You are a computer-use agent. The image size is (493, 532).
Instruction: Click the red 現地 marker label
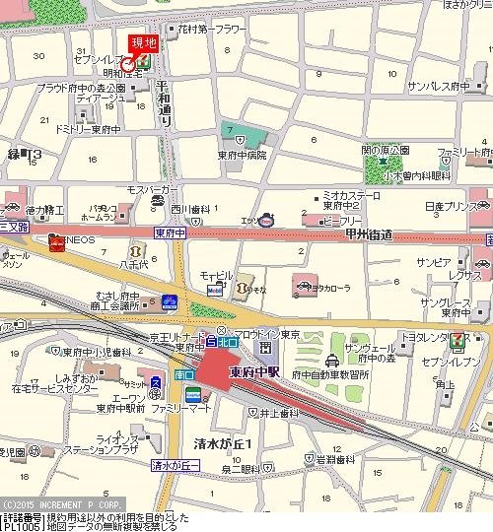point(144,42)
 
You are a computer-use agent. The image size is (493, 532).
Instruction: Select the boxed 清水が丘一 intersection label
point(175,464)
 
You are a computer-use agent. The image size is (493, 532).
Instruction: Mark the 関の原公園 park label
point(385,150)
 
